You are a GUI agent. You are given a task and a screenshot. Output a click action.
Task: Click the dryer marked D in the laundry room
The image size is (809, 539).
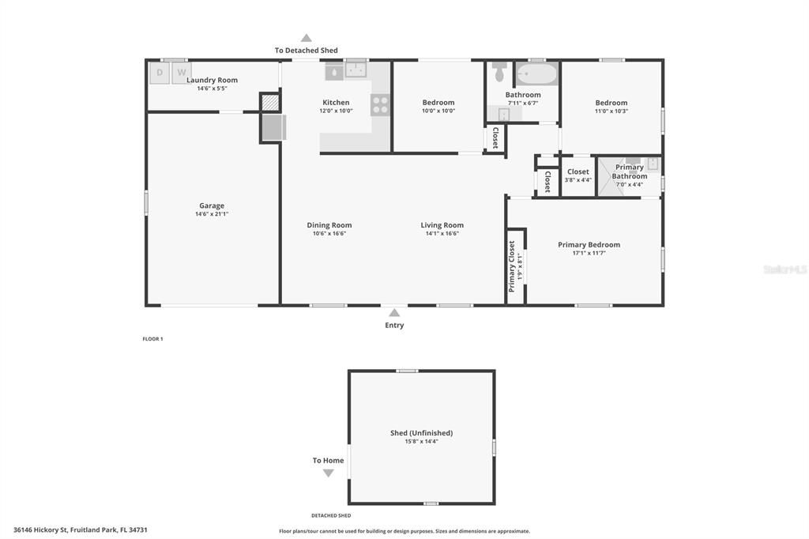(160, 73)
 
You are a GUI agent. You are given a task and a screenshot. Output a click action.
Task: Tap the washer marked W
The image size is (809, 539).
(181, 73)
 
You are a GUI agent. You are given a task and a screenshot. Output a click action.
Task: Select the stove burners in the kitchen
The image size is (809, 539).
(380, 105)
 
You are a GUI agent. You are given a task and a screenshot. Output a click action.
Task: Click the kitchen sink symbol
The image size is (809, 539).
(356, 70)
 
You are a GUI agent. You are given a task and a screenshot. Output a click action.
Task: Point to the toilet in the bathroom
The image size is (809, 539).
(499, 72)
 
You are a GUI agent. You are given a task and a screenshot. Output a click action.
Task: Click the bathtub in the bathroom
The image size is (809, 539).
(537, 73)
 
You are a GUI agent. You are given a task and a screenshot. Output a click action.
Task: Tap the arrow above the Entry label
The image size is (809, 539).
(394, 312)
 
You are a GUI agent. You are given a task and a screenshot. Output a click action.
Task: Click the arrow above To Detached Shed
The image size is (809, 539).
(307, 38)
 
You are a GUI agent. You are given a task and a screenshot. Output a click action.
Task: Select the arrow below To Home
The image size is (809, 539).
(328, 473)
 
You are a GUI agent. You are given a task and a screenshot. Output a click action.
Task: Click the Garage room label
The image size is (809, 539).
(212, 205)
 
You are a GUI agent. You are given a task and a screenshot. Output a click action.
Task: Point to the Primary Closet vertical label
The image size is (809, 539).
(512, 266)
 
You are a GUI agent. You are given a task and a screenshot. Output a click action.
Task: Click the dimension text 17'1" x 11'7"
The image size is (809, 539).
(589, 253)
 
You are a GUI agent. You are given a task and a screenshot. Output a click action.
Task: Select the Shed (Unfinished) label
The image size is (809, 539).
(422, 432)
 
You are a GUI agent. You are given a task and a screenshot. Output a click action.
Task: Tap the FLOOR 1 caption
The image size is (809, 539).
(152, 339)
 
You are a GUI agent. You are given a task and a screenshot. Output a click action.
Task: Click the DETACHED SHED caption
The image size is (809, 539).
(331, 515)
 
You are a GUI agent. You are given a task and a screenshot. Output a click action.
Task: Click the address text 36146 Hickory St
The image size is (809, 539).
(41, 530)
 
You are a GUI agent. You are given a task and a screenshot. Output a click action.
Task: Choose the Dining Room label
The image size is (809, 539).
(329, 225)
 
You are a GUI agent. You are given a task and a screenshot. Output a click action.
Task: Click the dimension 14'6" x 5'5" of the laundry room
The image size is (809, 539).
(212, 89)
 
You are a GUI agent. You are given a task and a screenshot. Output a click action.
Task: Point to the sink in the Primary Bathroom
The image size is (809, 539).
(653, 164)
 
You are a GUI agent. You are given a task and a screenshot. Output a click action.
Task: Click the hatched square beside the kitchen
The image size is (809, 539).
(270, 103)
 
